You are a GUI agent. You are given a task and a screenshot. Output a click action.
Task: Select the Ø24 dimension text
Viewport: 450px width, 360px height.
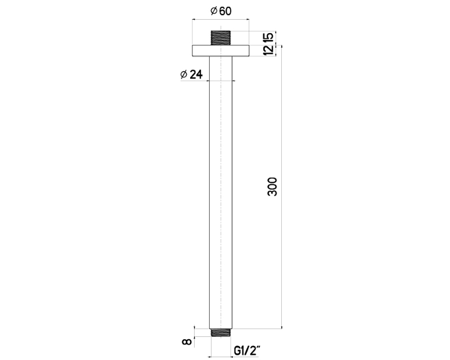[191, 75]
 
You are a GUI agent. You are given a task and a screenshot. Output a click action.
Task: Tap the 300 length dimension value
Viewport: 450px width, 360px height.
[273, 186]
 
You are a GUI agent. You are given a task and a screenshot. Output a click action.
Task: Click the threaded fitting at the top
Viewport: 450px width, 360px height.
[221, 38]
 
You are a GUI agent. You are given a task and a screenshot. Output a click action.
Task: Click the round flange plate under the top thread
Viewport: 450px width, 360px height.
[221, 51]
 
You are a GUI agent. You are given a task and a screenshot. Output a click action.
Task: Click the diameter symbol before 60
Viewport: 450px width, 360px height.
[213, 11]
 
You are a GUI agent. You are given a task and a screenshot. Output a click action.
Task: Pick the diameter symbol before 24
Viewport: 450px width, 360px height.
[183, 75]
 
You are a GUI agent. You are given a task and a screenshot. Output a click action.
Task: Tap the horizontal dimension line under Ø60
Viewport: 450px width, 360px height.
[221, 19]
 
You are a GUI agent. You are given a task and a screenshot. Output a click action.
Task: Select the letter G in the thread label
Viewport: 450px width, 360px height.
[237, 352]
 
